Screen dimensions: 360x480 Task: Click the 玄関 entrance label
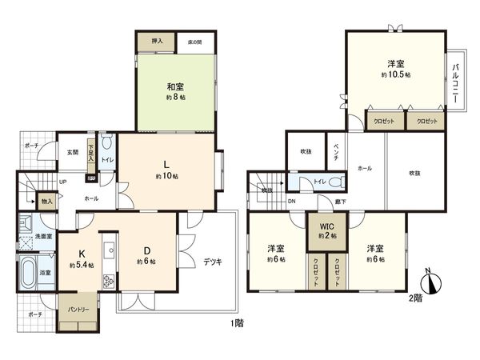coord(73,152)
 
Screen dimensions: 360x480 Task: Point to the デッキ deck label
coord(212,261)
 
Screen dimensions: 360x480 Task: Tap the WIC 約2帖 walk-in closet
coord(326,231)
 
